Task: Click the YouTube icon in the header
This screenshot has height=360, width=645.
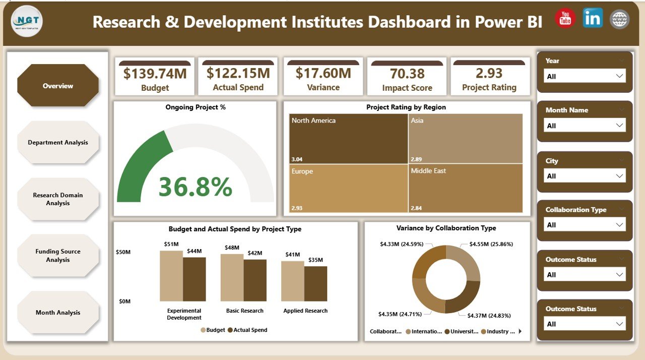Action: (565, 19)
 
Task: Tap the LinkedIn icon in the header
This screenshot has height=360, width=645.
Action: (593, 18)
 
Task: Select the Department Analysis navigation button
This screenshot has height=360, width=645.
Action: (58, 142)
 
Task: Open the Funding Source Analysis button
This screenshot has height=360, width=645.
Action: (58, 256)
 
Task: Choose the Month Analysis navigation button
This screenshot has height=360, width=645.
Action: (58, 313)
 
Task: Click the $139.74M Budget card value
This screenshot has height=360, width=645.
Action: (155, 74)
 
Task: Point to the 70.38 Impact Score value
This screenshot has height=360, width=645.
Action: (407, 74)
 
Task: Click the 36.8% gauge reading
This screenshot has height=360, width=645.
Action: (195, 187)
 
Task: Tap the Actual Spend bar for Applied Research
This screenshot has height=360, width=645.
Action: (315, 283)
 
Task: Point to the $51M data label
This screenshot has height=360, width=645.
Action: (171, 245)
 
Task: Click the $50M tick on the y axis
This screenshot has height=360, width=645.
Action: (124, 251)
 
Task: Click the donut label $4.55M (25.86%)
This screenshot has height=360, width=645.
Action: (491, 244)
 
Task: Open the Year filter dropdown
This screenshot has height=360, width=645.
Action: (585, 76)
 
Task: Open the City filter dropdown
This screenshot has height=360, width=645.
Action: (585, 176)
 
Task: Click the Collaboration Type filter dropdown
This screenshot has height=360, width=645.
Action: (585, 225)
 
